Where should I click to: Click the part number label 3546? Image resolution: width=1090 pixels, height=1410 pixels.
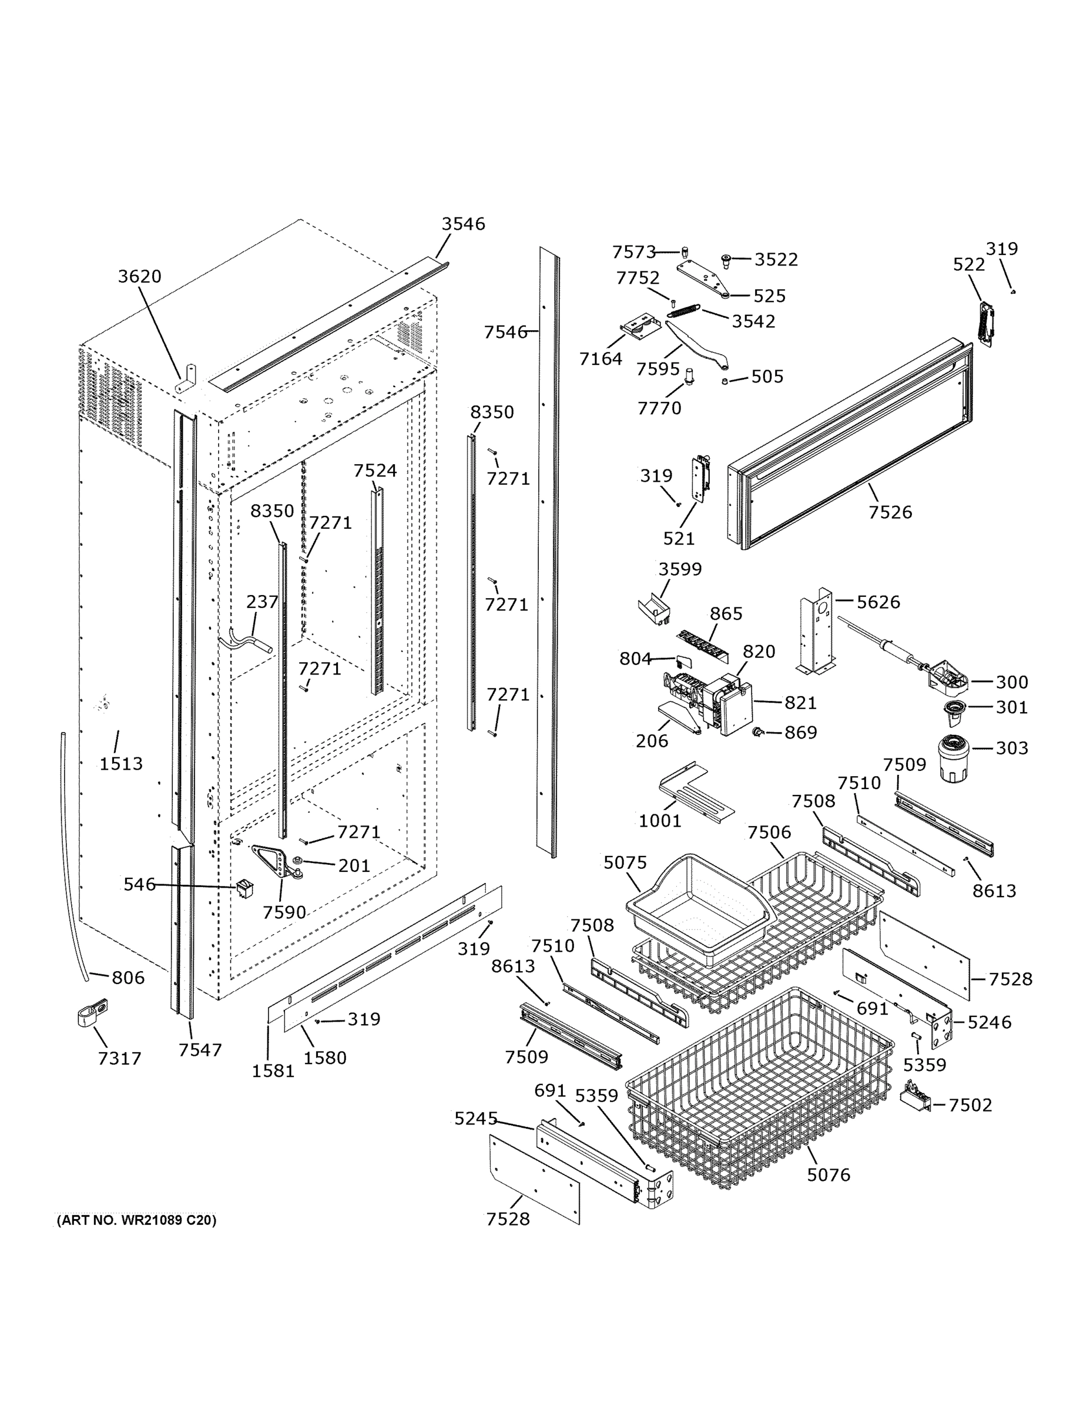pyautogui.click(x=463, y=224)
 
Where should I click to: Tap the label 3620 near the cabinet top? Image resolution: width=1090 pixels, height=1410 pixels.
pyautogui.click(x=139, y=276)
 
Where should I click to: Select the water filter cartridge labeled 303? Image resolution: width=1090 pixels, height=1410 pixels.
pyautogui.click(x=952, y=758)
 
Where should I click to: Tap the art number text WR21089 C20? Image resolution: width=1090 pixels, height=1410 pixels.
pyautogui.click(x=136, y=1220)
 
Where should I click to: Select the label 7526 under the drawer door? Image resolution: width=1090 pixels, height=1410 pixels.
pyautogui.click(x=890, y=512)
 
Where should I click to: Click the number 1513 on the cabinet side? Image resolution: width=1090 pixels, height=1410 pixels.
pyautogui.click(x=121, y=764)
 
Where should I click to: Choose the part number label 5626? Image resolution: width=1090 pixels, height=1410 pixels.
pyautogui.click(x=877, y=602)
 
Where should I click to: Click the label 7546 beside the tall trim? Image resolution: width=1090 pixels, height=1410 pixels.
pyautogui.click(x=505, y=332)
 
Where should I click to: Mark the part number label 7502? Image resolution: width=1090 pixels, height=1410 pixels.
pyautogui.click(x=970, y=1104)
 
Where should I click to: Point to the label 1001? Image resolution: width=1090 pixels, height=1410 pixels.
pyautogui.click(x=659, y=821)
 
